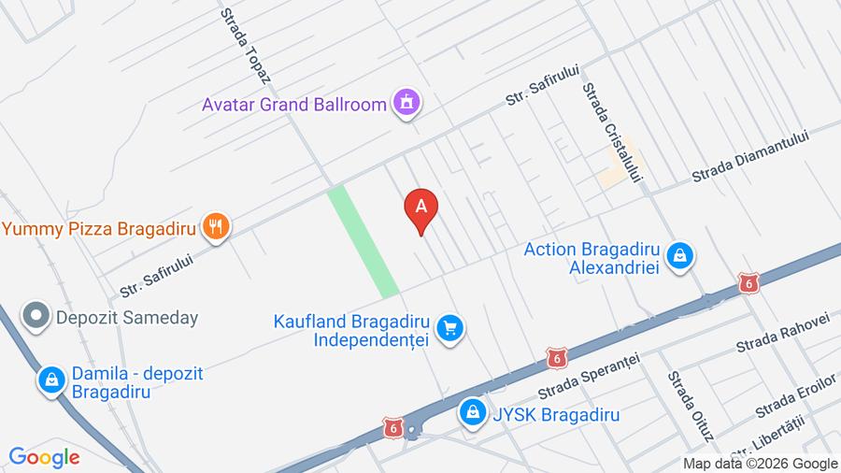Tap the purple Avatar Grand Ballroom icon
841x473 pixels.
pos(406,103)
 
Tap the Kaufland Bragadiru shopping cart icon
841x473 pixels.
pos(450,328)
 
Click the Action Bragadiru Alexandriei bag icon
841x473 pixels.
pos(683,254)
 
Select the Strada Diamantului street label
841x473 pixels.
pos(749,157)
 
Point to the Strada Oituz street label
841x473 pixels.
pos(690,406)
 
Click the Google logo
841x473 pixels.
pos(44,457)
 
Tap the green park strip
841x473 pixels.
pos(363,241)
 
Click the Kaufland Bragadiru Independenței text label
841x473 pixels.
pos(350,330)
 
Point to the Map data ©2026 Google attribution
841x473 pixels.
pos(760,463)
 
